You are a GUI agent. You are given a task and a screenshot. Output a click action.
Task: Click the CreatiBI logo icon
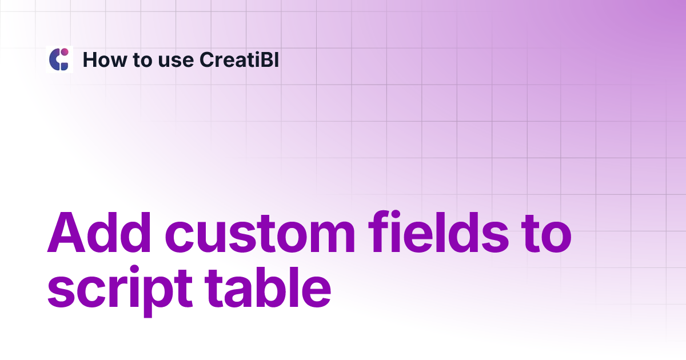pyautogui.click(x=59, y=59)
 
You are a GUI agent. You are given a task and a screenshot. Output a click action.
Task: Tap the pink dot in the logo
pyautogui.click(x=65, y=52)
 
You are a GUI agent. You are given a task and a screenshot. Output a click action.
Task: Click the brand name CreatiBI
pyautogui.click(x=240, y=59)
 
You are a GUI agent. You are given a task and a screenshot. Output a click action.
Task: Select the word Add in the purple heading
pyautogui.click(x=99, y=234)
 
